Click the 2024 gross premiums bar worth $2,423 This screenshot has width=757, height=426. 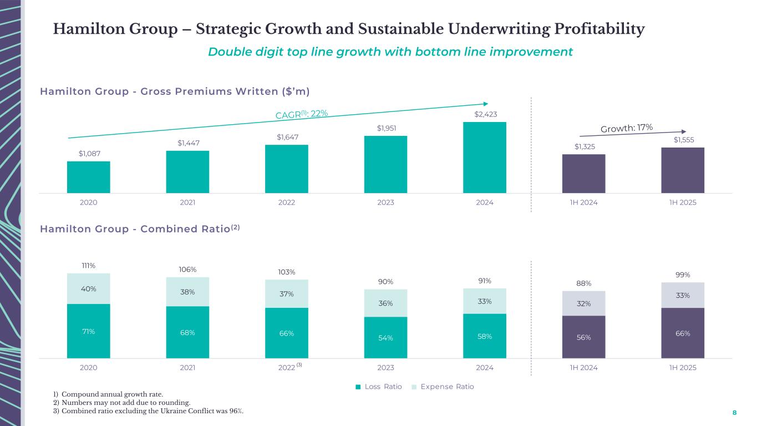coord(484,158)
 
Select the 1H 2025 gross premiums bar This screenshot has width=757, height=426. coord(682,170)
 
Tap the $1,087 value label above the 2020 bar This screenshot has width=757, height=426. coord(88,153)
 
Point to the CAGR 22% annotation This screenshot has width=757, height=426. coord(302,114)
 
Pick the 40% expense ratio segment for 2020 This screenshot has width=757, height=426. coord(88,288)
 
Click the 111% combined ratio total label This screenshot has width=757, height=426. coord(88,266)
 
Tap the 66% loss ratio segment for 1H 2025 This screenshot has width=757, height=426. coord(682,333)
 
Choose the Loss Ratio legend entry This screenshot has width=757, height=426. coord(379,387)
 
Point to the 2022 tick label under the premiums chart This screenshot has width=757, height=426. coord(286,202)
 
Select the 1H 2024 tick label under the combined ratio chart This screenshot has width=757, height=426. coord(583,368)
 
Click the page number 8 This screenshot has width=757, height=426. coord(735,413)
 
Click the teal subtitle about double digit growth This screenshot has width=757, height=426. coord(390,52)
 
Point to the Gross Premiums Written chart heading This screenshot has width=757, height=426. coord(175,91)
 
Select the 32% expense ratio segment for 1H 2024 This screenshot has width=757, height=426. coord(583,303)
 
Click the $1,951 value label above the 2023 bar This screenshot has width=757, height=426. coord(385,128)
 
